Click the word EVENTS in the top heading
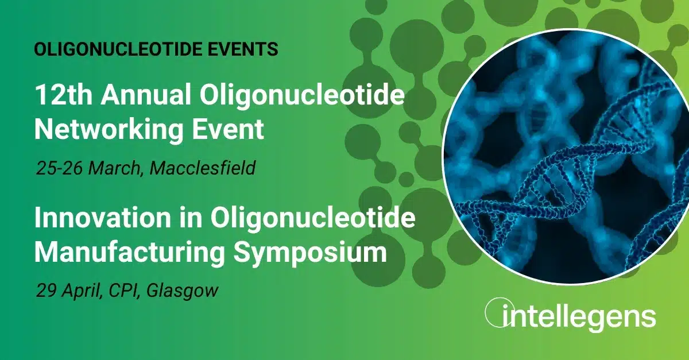coord(243,49)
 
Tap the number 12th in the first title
coord(64,95)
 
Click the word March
coord(116,169)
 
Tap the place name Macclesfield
coord(203,168)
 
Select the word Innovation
coord(103,218)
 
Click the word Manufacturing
coord(130,253)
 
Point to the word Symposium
coord(309,253)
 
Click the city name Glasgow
coord(183,291)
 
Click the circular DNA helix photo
coord(566,156)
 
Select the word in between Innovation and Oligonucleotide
coord(191,218)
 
